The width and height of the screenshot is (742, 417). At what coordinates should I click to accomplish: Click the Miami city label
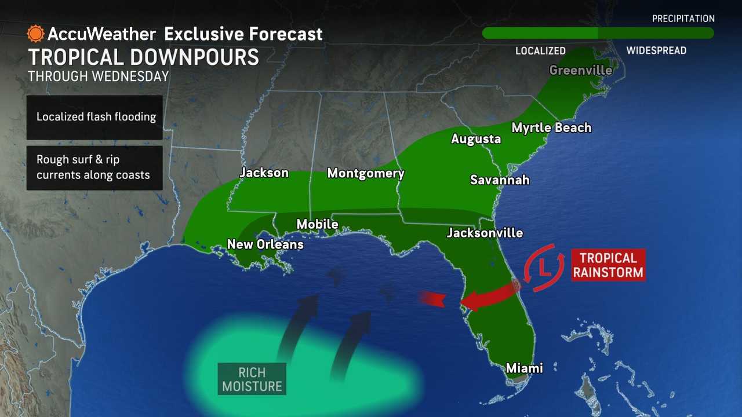(524, 368)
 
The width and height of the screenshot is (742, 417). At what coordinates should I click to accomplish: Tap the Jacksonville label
(485, 233)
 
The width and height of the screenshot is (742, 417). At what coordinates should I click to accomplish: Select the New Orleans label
(265, 244)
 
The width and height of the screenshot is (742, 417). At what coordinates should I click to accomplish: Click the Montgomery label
(365, 173)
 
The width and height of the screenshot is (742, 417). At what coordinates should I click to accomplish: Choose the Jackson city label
(264, 173)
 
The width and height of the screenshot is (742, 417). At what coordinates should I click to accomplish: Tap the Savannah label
(499, 180)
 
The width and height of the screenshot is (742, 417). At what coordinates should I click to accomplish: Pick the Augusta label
(476, 139)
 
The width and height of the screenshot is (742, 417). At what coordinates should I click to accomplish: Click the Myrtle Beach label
(551, 127)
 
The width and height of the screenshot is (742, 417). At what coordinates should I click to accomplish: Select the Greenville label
(580, 70)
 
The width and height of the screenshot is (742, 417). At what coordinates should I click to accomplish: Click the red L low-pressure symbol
(544, 268)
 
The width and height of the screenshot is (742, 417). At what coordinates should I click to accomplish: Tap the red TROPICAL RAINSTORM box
(608, 265)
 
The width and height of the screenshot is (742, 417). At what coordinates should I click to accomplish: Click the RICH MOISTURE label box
(252, 379)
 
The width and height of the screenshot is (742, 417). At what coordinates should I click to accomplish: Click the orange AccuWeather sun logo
(35, 34)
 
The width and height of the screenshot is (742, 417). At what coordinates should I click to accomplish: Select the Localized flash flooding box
(94, 117)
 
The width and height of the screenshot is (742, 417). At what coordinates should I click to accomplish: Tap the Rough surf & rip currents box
(94, 167)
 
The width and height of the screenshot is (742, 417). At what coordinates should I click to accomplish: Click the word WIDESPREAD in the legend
(656, 51)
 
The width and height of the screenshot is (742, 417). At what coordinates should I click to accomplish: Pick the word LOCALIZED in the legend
(540, 51)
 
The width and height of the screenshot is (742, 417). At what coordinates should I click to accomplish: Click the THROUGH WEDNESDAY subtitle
(98, 76)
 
